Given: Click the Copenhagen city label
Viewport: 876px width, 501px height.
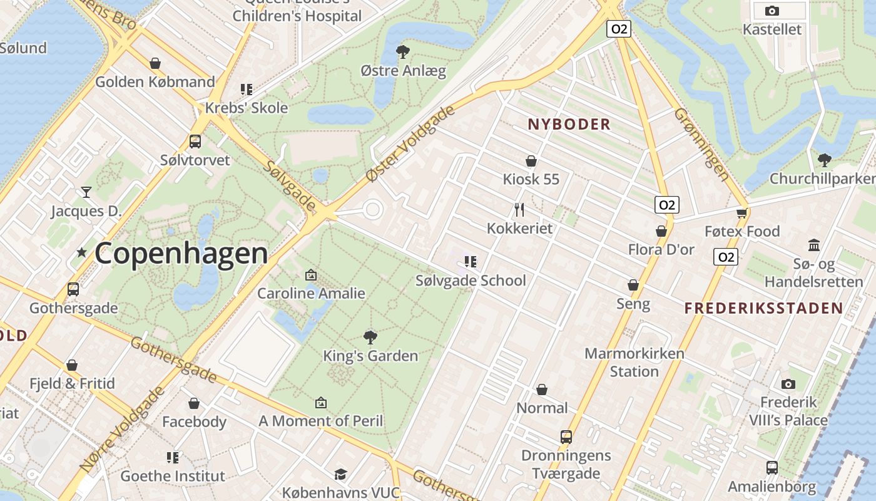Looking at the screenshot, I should click(181, 253).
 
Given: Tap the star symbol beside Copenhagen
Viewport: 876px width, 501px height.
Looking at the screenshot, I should click(81, 252).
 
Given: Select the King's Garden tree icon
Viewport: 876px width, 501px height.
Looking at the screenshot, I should click(370, 338).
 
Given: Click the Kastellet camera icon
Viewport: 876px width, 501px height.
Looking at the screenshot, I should click(772, 11).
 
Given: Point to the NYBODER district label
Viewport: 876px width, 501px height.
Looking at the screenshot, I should click(569, 124).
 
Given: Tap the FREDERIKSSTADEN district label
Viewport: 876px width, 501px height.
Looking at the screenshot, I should click(763, 307).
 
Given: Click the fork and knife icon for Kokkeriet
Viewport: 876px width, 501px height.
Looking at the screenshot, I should click(519, 209).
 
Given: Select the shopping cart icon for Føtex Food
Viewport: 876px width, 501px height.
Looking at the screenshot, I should click(741, 213).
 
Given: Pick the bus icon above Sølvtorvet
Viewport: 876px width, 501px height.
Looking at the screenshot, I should click(195, 142).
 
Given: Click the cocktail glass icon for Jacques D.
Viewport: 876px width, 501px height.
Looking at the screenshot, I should click(86, 192).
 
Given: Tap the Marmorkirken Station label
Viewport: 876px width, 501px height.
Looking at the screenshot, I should click(634, 362).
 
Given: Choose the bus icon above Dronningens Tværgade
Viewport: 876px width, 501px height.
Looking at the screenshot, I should click(566, 436).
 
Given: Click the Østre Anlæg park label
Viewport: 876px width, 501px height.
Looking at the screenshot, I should click(404, 70).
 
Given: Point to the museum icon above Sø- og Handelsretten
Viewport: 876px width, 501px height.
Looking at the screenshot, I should click(814, 245).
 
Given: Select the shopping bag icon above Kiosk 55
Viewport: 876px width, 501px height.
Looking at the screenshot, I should click(531, 161).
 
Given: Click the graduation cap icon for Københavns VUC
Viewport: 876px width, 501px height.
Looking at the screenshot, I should click(340, 474).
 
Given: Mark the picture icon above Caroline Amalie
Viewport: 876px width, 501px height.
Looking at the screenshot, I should click(311, 275).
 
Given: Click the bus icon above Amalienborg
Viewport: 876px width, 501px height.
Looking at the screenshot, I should click(772, 467).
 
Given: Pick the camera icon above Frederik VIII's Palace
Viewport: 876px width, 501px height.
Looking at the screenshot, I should click(788, 384).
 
